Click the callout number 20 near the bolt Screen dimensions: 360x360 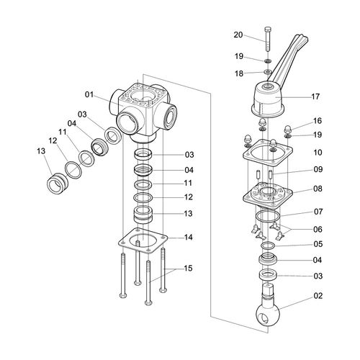click(238, 35)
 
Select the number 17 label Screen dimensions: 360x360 click(315, 96)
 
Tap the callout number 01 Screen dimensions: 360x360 click(89, 94)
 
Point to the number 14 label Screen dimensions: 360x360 click(189, 238)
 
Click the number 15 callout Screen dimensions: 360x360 click(188, 269)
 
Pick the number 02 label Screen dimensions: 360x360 click(318, 296)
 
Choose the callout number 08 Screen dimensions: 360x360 click(318, 189)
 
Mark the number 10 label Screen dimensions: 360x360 click(318, 153)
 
